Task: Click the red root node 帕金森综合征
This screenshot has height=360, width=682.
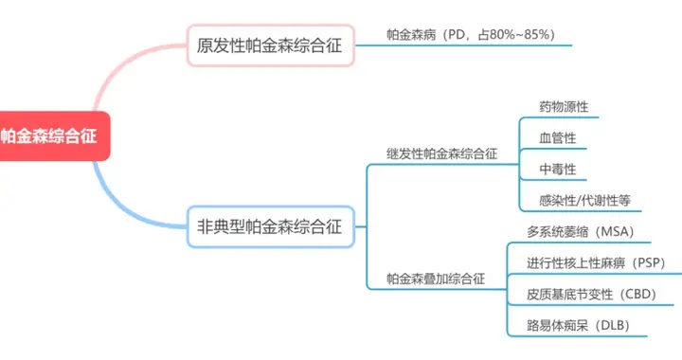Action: click(x=52, y=135)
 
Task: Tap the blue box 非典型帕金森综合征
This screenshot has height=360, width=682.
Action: click(x=270, y=226)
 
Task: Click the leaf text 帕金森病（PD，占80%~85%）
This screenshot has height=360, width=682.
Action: click(x=471, y=35)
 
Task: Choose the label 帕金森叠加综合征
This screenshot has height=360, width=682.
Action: click(x=436, y=279)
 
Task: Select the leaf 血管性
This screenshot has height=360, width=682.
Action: click(x=557, y=138)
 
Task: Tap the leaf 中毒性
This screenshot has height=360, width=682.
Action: click(x=557, y=170)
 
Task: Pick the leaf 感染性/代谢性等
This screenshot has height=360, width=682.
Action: click(x=583, y=200)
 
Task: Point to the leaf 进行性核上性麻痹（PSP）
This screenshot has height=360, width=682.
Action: click(x=597, y=262)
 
